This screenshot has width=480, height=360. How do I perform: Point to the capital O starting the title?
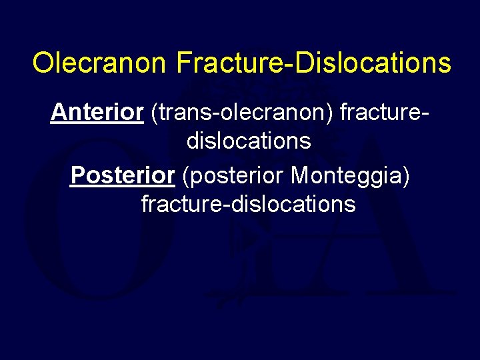(42, 63)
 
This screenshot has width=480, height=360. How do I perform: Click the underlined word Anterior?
(97, 113)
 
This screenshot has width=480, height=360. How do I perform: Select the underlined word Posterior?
(122, 175)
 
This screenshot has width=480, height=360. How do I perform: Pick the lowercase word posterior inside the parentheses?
(237, 177)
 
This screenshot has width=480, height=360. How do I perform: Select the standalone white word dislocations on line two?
(249, 141)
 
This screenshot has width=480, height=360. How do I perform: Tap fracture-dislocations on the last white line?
(249, 203)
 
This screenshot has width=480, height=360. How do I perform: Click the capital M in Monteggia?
(299, 175)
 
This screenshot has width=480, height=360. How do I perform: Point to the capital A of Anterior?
(58, 113)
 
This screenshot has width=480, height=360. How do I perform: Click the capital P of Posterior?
(77, 175)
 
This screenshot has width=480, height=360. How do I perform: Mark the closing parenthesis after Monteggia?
(406, 176)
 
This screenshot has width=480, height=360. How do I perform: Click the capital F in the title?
(184, 63)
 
